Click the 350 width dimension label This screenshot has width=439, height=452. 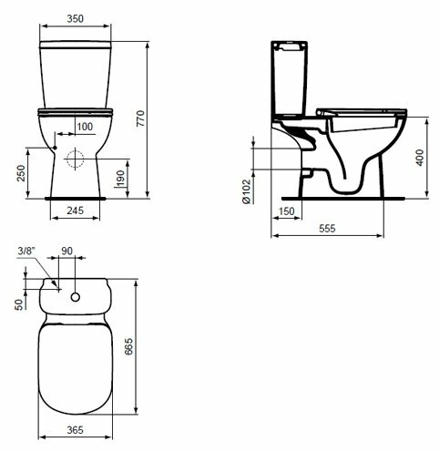(75, 18)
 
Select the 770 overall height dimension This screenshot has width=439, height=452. (140, 118)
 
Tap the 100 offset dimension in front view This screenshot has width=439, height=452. (85, 127)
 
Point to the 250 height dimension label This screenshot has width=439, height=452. (21, 173)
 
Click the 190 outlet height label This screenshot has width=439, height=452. (120, 179)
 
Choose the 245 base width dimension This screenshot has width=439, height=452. (75, 211)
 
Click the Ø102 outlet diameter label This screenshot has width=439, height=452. (247, 191)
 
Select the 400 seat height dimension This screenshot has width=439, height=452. (420, 158)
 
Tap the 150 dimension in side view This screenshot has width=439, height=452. (286, 211)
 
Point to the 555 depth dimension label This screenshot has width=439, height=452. (327, 228)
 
